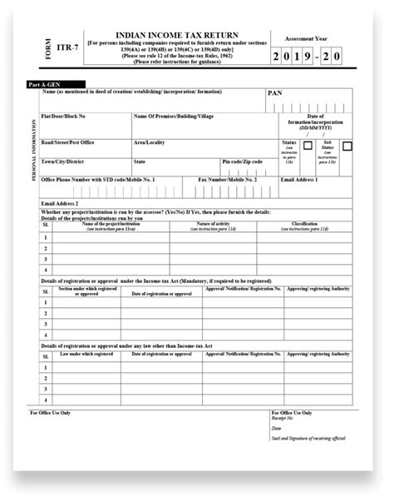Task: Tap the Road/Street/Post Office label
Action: coord(70,142)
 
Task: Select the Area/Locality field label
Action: coord(150,142)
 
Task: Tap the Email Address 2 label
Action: coord(60,202)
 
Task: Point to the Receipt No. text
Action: coord(283,421)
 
